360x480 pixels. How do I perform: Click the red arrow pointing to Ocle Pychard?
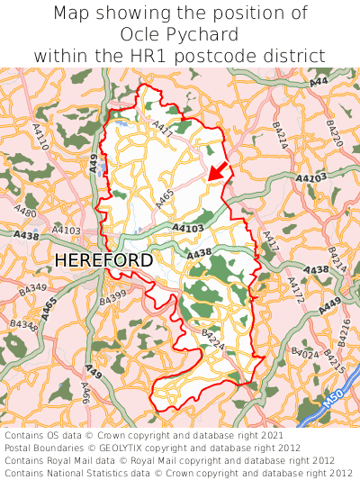pyautogui.click(x=215, y=170)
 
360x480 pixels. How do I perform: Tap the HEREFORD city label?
pyautogui.click(x=103, y=260)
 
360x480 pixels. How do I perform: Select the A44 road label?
pyautogui.click(x=319, y=82)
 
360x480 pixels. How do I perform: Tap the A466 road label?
pyautogui.click(x=85, y=392)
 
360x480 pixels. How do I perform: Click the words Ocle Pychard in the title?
pyautogui.click(x=179, y=35)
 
